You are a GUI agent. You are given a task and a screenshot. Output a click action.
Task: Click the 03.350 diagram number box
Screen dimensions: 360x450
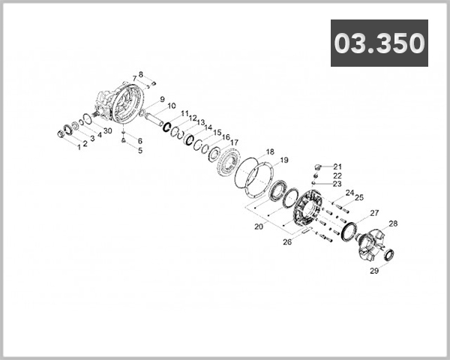point(379,43)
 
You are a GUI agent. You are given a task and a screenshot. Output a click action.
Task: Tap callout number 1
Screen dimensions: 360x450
point(77,145)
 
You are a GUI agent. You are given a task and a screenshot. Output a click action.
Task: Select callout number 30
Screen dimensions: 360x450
point(109,130)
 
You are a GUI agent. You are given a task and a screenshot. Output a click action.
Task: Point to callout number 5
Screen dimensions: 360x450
point(139,149)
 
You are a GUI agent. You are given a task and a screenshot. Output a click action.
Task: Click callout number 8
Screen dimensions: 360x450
point(140,74)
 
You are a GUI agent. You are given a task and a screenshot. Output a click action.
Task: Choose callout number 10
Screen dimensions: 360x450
point(172,106)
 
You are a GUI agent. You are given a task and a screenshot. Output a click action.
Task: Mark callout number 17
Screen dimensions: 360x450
point(235,142)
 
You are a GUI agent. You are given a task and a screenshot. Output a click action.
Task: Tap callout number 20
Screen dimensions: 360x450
point(258,225)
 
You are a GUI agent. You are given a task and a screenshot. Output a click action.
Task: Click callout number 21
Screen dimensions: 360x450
point(337,166)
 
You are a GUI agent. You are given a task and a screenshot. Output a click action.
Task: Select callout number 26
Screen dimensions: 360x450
point(287,241)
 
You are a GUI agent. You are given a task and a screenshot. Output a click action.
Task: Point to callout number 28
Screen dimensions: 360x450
point(393,223)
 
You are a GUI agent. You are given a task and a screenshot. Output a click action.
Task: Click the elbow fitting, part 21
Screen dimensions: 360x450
point(318,164)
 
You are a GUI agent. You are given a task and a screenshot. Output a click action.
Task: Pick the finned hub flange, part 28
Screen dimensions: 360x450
point(372,244)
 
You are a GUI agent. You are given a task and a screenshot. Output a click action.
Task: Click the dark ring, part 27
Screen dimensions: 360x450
point(349,232)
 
